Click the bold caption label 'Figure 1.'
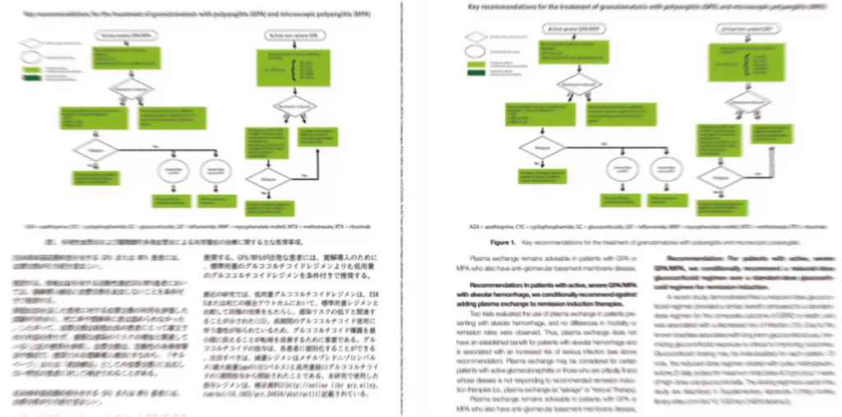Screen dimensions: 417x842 (x=501, y=243)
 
